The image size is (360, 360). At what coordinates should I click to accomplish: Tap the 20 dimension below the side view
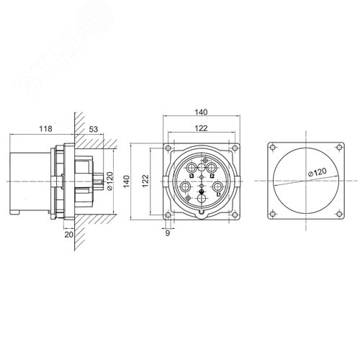coord(68,234)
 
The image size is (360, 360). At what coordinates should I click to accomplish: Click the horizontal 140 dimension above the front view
coord(202,112)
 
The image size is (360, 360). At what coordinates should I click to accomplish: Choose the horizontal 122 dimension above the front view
coord(202,127)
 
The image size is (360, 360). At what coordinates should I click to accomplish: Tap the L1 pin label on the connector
coord(218,194)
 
